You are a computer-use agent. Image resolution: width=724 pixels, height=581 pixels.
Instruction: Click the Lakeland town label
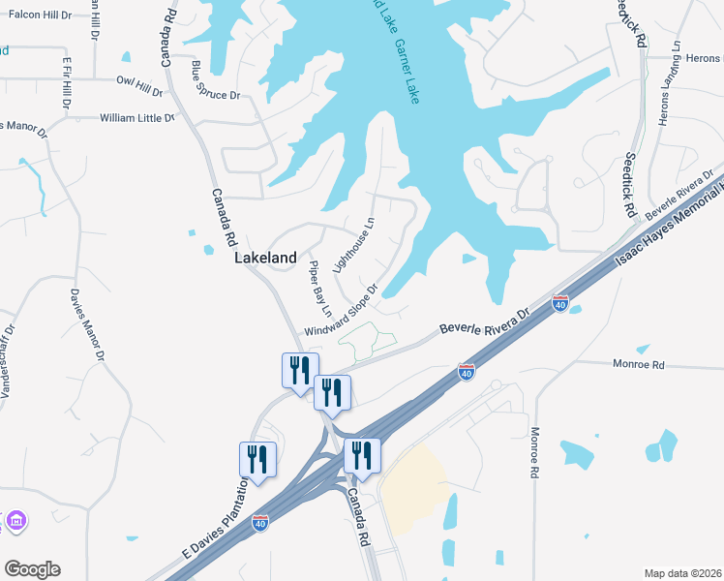[x=265, y=259]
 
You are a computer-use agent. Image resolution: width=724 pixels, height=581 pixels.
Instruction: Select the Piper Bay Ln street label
[x=320, y=288]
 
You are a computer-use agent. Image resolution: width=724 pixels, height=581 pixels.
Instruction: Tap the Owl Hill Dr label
[x=139, y=87]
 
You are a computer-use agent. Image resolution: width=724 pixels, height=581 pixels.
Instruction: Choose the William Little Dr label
[x=136, y=118]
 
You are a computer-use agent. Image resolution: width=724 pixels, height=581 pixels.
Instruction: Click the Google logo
[x=32, y=568]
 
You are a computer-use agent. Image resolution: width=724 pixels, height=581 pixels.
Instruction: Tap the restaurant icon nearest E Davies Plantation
[x=257, y=460]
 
